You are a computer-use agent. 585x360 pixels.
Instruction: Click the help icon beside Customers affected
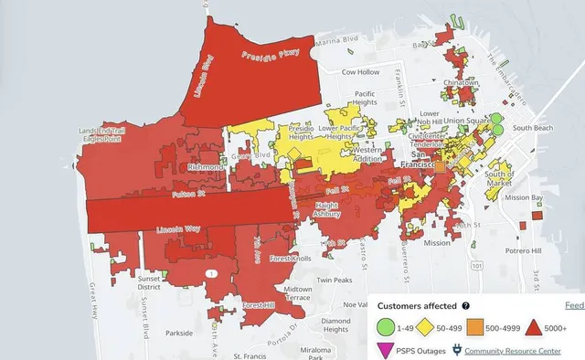pyautogui.click(x=465, y=306)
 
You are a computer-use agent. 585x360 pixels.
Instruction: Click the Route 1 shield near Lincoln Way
pyautogui.click(x=211, y=273)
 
